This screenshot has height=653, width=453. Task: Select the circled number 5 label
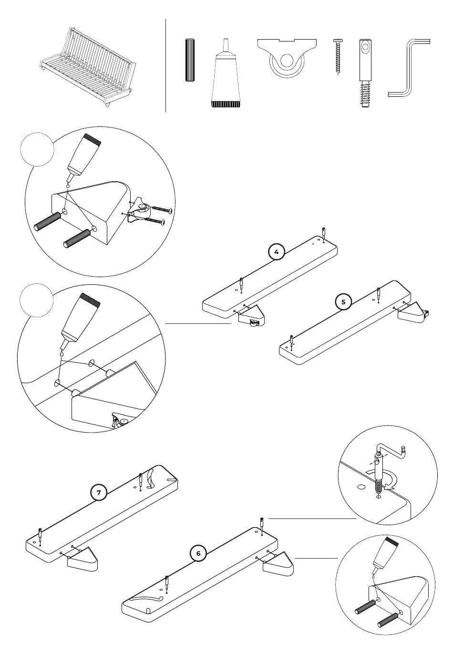(343, 302)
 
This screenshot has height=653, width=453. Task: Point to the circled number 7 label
(99, 492)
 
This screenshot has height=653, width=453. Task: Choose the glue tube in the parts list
(226, 73)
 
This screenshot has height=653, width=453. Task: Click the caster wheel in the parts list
(287, 57)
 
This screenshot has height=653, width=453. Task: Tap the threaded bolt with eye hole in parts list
(365, 73)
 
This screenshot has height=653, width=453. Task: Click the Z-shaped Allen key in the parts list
(408, 68)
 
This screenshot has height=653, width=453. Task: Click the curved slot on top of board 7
(150, 478)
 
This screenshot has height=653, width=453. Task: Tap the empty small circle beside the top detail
(37, 149)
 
